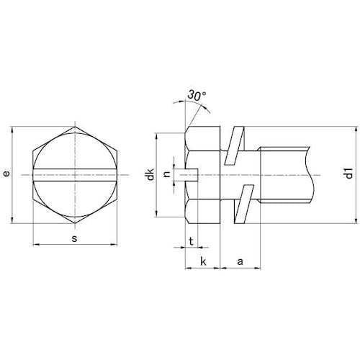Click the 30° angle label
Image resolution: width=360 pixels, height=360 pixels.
[197, 95]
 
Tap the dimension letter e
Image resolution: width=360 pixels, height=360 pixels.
[6, 174]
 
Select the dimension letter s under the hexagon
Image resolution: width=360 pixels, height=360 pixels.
[75, 238]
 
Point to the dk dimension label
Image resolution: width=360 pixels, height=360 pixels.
[150, 174]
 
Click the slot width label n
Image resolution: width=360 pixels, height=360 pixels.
[167, 174]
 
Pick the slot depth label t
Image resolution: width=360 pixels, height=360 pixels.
[191, 241]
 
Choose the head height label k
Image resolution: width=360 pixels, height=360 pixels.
[203, 261]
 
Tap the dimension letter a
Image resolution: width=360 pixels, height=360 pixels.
[240, 261]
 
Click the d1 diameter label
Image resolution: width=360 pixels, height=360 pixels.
[349, 174]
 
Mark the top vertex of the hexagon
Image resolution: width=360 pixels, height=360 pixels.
[75, 127]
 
